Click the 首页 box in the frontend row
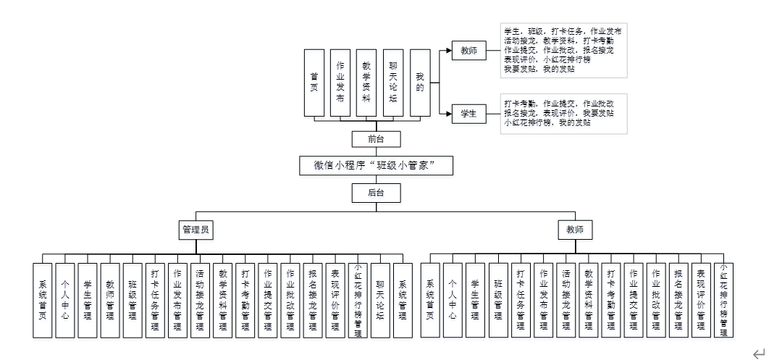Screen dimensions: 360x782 pos(314,83)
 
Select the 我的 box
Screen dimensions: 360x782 pos(419,83)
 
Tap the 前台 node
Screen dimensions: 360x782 pos(374,139)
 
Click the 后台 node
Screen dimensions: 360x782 pos(374,192)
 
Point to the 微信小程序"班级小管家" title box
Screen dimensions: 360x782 pos(376,166)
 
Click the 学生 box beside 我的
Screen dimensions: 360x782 pos(468,113)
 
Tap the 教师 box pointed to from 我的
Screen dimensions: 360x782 pos(468,51)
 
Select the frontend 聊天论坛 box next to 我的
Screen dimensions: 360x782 pos(393,83)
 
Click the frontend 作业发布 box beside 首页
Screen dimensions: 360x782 pos(340,83)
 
